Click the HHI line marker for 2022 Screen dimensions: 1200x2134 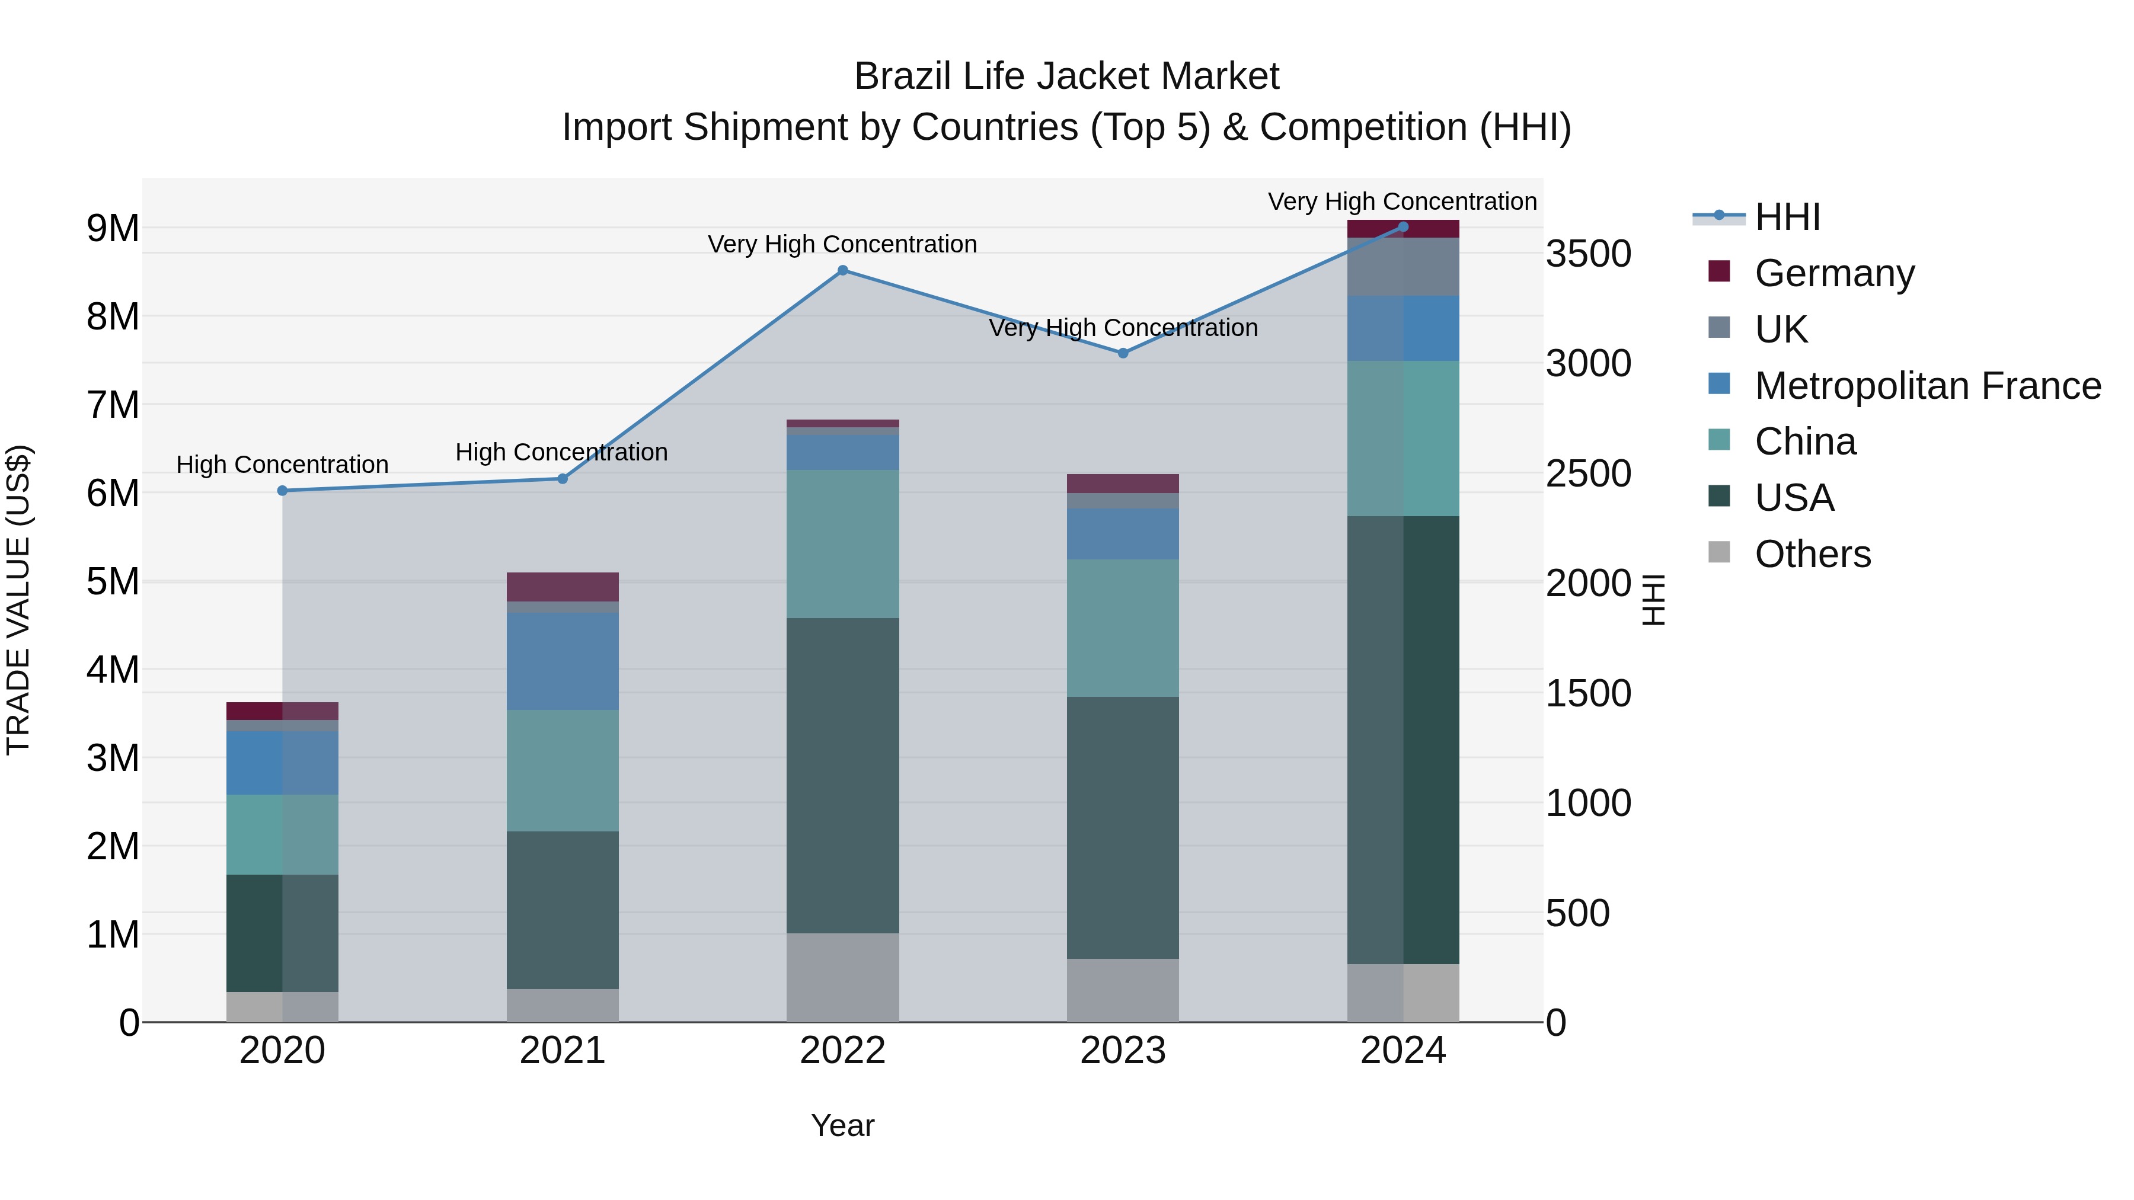[x=842, y=270]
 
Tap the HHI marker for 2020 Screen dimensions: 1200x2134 [x=283, y=490]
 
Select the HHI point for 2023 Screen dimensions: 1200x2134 [x=1123, y=353]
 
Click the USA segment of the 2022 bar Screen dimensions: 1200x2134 [x=842, y=775]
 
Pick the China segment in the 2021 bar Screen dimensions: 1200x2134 [x=563, y=770]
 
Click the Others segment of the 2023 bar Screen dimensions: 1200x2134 [x=1123, y=990]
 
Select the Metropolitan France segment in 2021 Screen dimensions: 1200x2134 [x=563, y=661]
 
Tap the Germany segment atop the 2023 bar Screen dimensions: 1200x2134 [x=1123, y=484]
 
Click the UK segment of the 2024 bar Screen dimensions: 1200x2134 [x=1403, y=267]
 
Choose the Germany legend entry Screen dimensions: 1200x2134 [x=1834, y=273]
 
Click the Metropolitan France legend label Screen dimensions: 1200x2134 [x=1927, y=386]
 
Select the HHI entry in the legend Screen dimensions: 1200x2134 [x=1787, y=217]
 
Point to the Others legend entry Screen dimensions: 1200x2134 [x=1812, y=554]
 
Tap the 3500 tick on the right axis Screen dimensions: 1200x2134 [x=1588, y=254]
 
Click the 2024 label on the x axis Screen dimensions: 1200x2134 [x=1403, y=1051]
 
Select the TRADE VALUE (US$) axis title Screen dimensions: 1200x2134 [x=19, y=600]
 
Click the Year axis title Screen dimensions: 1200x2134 [x=842, y=1125]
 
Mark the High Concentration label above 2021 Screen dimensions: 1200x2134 [x=562, y=452]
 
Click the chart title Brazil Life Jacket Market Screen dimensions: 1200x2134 [x=1066, y=76]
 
